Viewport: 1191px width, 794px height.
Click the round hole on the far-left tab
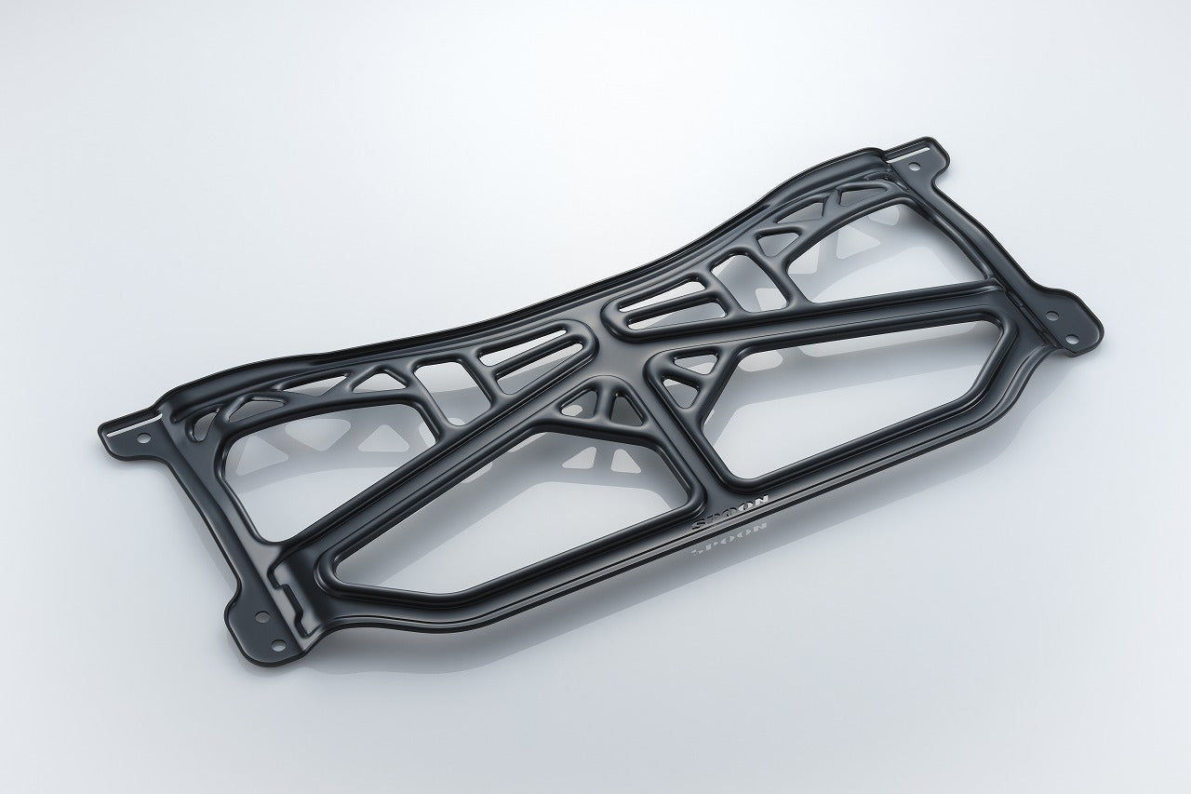pyautogui.click(x=143, y=438)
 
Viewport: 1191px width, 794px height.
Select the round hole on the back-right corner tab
pyautogui.click(x=916, y=168)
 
